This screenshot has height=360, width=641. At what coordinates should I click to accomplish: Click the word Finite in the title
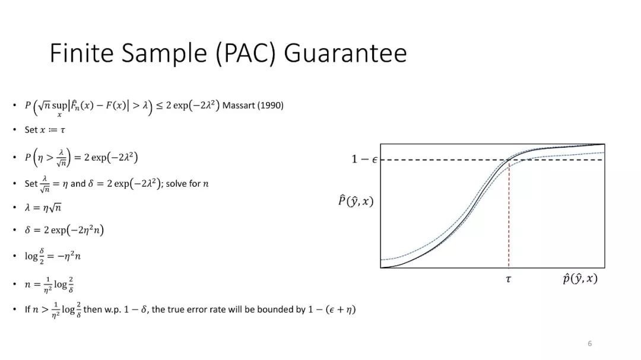pyautogui.click(x=81, y=53)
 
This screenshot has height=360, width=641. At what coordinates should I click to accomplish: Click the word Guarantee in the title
pyautogui.click(x=345, y=53)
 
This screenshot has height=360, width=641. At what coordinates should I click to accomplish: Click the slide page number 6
pyautogui.click(x=589, y=343)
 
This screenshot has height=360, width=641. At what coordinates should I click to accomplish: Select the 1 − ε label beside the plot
pyautogui.click(x=364, y=159)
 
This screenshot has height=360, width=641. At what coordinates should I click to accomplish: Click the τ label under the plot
pyautogui.click(x=508, y=279)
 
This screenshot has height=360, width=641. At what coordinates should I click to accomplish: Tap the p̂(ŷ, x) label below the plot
pyautogui.click(x=580, y=279)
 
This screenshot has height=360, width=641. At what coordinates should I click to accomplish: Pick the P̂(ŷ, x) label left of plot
pyautogui.click(x=356, y=200)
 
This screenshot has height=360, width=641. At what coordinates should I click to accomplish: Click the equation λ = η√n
pyautogui.click(x=43, y=207)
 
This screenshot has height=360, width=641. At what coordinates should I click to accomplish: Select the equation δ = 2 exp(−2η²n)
pyautogui.click(x=64, y=230)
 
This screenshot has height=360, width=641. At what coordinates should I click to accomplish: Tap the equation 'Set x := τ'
pyautogui.click(x=45, y=130)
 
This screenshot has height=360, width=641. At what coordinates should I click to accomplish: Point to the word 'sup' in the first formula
pyautogui.click(x=59, y=106)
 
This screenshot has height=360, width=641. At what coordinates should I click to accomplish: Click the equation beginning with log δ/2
pyautogui.click(x=53, y=256)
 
